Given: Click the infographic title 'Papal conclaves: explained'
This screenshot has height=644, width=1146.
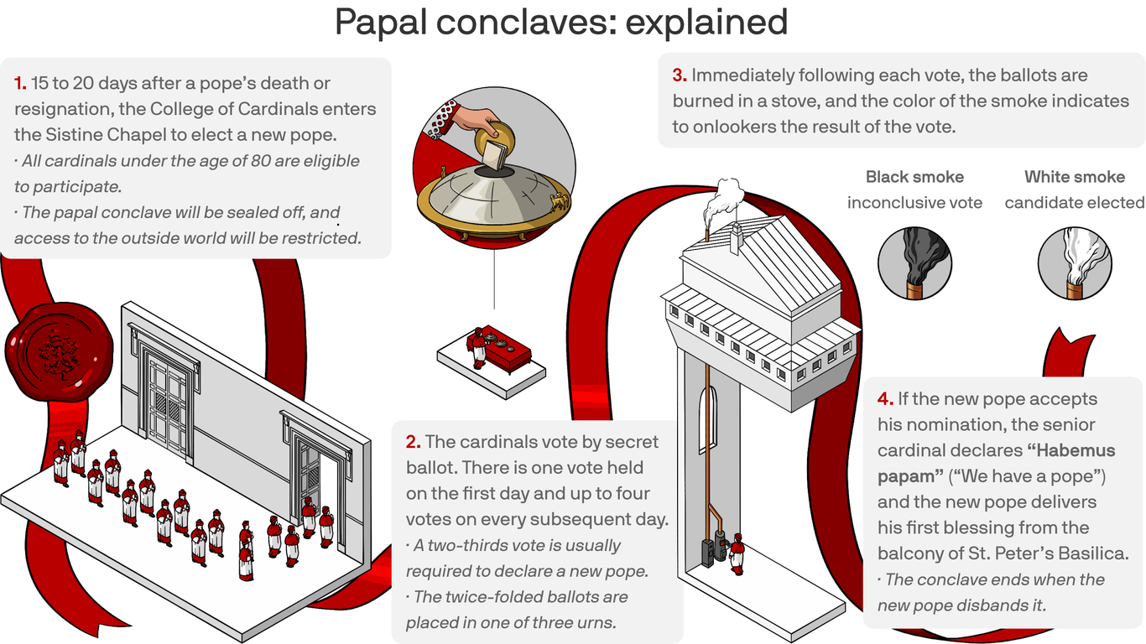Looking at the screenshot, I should pos(560,22).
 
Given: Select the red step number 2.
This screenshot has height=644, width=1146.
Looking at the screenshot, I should pos(413,442).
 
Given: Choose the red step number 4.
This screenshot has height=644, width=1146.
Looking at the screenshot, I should pos(885,399).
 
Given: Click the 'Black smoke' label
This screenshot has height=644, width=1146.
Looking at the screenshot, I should pos(914,177).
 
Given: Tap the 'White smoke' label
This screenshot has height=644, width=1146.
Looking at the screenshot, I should pos(1074,177).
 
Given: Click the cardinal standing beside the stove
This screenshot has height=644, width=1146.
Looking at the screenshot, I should pos(737,554).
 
